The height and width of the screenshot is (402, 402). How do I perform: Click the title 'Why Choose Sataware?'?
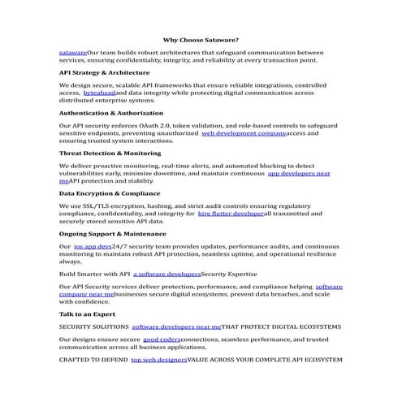coord(201,39)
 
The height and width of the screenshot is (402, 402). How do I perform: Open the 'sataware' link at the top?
coord(72,51)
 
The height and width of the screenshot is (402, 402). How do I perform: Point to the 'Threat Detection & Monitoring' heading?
coord(110,153)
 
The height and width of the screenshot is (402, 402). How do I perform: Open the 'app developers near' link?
coord(299,173)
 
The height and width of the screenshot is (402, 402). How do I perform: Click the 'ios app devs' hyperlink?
coord(92,245)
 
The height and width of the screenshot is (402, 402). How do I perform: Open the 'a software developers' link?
coord(166,274)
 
